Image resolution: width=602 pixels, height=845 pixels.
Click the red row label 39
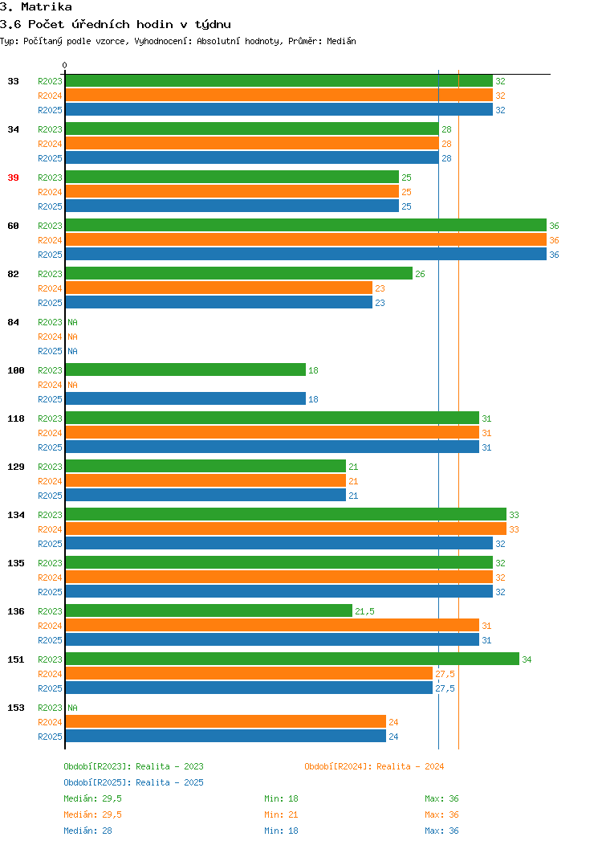(13, 178)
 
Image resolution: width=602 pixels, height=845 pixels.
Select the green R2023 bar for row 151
(292, 659)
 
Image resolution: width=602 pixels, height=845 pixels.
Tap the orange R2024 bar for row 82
(219, 288)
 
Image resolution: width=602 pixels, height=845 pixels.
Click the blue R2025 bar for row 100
(185, 398)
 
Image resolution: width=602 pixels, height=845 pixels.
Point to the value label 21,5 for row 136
(364, 611)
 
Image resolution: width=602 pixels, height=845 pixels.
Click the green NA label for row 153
(73, 708)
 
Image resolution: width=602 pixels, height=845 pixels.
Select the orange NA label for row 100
(73, 385)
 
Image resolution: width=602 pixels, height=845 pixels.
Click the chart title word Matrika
(47, 7)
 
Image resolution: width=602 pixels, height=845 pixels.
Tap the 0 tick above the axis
(65, 65)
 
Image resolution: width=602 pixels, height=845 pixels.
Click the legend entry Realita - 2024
(410, 766)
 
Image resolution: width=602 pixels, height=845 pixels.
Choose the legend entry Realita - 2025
(169, 782)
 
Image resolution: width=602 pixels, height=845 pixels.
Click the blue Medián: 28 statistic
(87, 831)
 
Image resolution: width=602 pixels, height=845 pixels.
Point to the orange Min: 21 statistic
(281, 814)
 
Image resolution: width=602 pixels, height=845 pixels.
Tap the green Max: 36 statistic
(441, 798)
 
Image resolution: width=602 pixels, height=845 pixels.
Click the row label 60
(13, 226)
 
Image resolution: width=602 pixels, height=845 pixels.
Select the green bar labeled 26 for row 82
(239, 274)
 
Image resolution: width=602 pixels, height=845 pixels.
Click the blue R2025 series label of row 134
(50, 544)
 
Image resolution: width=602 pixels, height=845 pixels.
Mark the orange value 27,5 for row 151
(445, 674)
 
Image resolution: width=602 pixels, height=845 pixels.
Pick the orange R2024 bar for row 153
(226, 721)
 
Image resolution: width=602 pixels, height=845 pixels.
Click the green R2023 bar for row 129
(205, 466)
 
